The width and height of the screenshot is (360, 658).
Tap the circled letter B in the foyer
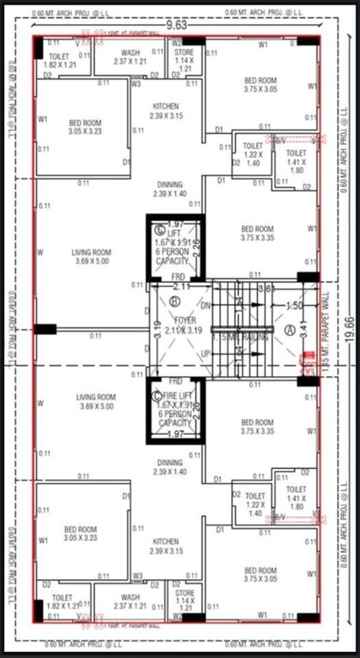[175, 301]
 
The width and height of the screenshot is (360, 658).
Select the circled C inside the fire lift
[157, 395]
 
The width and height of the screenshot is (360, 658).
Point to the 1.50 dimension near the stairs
[293, 306]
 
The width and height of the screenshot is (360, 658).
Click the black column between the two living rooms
[45, 329]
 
